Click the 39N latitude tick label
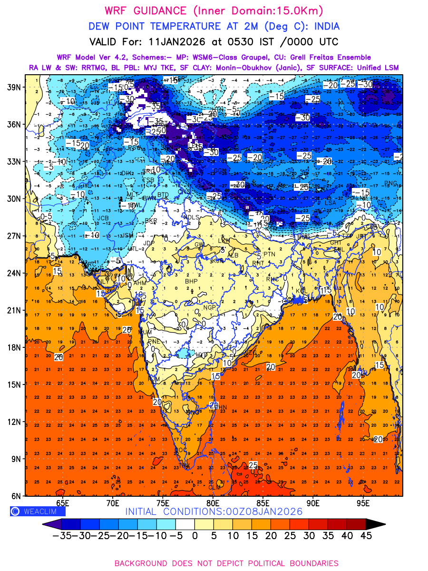pos(13,87)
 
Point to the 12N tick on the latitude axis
pos(13,422)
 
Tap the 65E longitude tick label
pos(62,503)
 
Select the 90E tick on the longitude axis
pos(313,503)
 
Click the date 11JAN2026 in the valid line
pos(179,41)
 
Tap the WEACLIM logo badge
pos(38,511)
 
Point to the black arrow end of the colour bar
pos(375,523)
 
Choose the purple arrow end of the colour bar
pos(48,523)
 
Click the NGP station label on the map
pos(210,308)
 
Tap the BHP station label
pos(191,282)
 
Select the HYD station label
pos(202,354)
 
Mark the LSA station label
pos(330,203)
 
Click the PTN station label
pos(269,255)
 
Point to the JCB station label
pos(103,218)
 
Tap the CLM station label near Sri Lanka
pos(215,487)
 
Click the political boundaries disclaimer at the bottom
pos(226,563)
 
